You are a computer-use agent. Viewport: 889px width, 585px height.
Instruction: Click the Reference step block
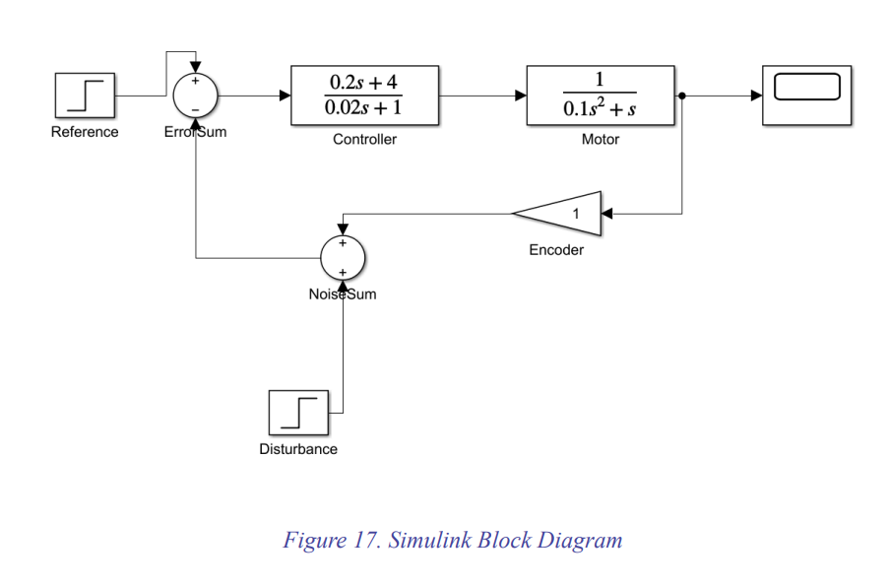tap(85, 96)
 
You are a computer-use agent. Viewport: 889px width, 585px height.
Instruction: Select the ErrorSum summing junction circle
tap(195, 96)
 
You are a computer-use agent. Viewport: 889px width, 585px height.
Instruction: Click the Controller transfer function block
tap(364, 96)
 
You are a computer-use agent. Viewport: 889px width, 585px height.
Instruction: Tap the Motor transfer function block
tap(601, 96)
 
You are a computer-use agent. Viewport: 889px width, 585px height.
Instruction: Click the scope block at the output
tap(807, 96)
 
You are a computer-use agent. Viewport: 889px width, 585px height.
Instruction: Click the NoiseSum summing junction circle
tap(343, 258)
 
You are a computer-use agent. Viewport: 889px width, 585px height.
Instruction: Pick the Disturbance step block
tap(298, 414)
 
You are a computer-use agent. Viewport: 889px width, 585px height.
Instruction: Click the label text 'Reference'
tap(85, 132)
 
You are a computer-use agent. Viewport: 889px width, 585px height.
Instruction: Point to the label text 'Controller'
tap(364, 140)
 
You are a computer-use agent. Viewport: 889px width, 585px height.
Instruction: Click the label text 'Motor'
tap(601, 140)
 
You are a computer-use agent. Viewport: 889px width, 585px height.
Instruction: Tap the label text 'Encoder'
tap(556, 250)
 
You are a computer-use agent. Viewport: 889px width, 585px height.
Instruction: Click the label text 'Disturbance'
tap(298, 449)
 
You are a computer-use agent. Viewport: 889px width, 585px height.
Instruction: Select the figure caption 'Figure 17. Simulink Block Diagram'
tap(453, 541)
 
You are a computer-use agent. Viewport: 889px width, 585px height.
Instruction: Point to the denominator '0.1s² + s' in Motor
tap(600, 109)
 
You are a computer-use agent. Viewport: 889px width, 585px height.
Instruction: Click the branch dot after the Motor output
tap(682, 96)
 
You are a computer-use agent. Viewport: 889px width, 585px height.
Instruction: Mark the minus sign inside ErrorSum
tap(195, 109)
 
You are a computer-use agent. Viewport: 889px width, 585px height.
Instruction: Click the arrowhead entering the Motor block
tap(521, 96)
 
